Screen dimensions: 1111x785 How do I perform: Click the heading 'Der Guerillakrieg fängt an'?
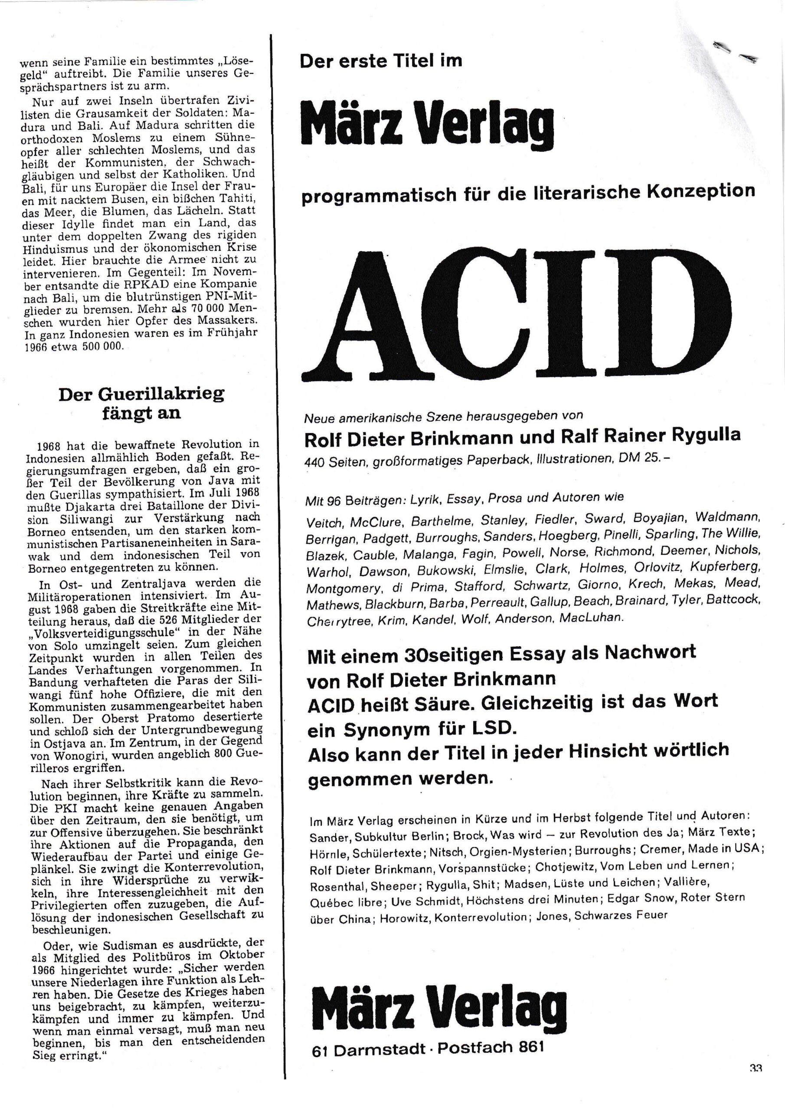click(141, 403)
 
